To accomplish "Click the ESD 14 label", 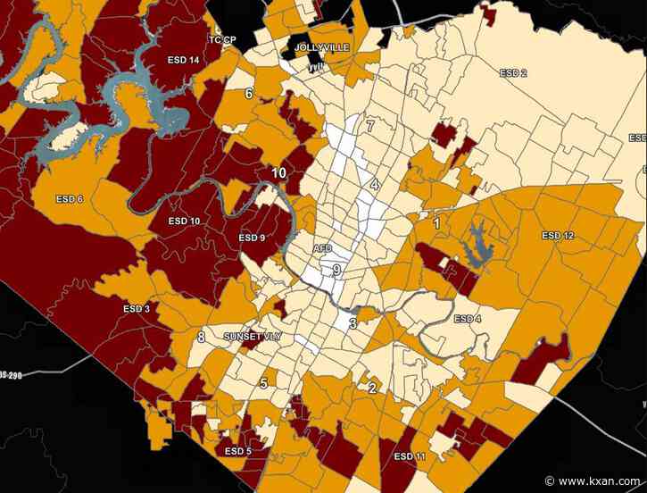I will (x=183, y=60).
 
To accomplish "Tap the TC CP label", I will (x=222, y=40).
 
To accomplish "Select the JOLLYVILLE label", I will (x=318, y=46).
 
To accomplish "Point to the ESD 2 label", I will (x=513, y=72).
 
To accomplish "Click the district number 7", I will (x=369, y=126).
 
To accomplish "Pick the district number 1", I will (x=436, y=223).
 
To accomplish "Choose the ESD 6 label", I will (x=69, y=198).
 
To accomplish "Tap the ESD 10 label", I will (x=184, y=221).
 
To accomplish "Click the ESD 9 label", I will (x=253, y=238).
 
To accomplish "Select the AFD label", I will (x=322, y=248).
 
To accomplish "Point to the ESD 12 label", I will (x=558, y=236).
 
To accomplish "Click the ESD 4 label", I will (x=467, y=319).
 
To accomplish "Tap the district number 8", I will (x=201, y=337).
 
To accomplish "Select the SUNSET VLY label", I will (x=253, y=337).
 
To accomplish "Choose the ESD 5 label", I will (x=238, y=451).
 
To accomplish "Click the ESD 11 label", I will (x=409, y=456).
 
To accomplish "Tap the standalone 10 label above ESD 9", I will (x=279, y=173).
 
